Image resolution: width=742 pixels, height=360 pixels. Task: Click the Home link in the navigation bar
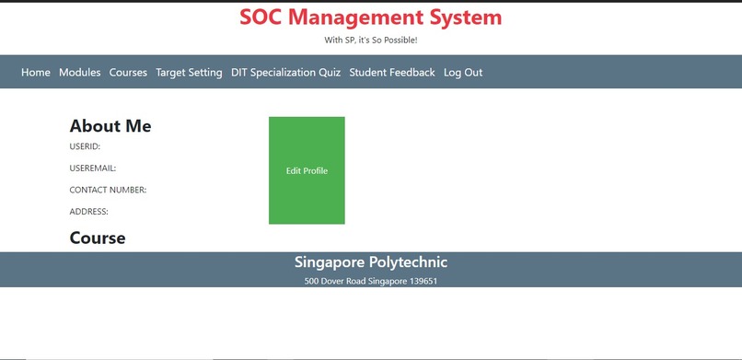pyautogui.click(x=36, y=73)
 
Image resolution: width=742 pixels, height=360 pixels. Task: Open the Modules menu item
pyautogui.click(x=80, y=73)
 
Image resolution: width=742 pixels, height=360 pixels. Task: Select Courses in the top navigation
pyautogui.click(x=128, y=73)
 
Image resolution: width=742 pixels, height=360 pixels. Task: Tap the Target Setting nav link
pyautogui.click(x=189, y=73)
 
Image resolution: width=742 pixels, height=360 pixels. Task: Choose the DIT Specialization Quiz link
pyautogui.click(x=285, y=73)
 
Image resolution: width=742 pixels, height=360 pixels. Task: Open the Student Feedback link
pyautogui.click(x=392, y=73)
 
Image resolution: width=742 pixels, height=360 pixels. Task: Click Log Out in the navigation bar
pyautogui.click(x=463, y=73)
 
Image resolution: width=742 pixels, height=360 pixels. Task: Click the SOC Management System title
pyautogui.click(x=371, y=17)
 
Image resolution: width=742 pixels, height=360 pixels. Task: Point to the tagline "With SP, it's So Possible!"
pyautogui.click(x=371, y=41)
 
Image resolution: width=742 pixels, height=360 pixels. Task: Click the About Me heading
pyautogui.click(x=110, y=126)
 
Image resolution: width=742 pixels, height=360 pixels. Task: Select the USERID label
pyautogui.click(x=85, y=146)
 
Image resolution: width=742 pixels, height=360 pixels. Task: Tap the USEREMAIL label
pyautogui.click(x=92, y=168)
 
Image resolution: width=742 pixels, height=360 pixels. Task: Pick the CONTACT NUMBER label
pyautogui.click(x=108, y=191)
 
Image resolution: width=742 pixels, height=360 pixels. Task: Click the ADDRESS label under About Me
pyautogui.click(x=88, y=212)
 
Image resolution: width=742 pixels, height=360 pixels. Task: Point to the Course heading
pyautogui.click(x=98, y=238)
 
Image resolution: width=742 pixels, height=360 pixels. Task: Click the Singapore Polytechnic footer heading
pyautogui.click(x=371, y=262)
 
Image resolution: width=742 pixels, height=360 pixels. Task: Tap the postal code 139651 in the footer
pyautogui.click(x=423, y=281)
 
